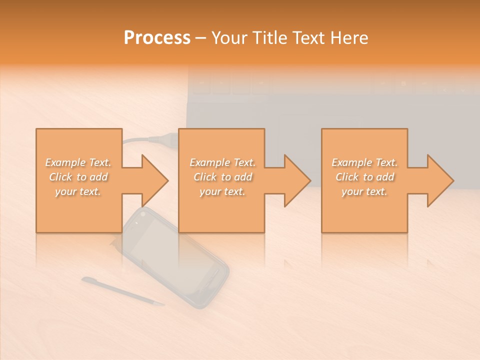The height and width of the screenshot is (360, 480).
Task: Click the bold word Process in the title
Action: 157,37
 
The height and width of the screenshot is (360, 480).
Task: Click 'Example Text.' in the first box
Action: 78,162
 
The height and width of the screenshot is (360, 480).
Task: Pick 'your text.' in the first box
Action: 78,191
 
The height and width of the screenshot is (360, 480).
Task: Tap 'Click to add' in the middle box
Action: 222,177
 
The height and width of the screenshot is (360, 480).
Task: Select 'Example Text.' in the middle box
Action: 222,162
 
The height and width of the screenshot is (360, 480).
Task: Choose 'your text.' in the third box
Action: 364,191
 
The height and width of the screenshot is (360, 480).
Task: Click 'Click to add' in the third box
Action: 364,177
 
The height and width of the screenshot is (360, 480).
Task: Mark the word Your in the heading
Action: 229,37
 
